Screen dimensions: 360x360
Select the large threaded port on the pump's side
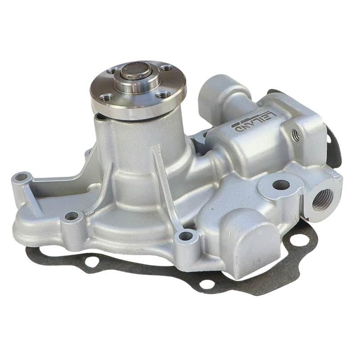click(322, 200)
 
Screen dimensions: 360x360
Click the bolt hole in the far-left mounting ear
click(22, 177)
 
